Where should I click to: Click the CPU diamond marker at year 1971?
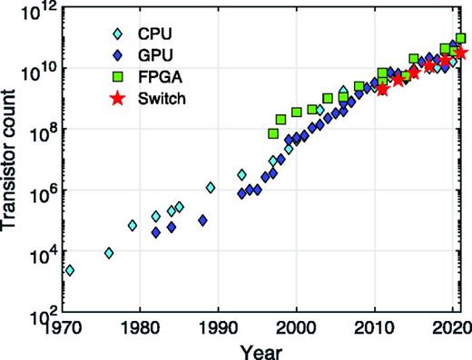[70, 270]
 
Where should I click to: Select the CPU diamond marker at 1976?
[109, 253]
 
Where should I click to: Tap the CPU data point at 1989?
[211, 188]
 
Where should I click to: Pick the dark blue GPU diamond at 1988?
[202, 220]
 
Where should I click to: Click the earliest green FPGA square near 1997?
[273, 134]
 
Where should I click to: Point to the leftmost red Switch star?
[382, 90]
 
